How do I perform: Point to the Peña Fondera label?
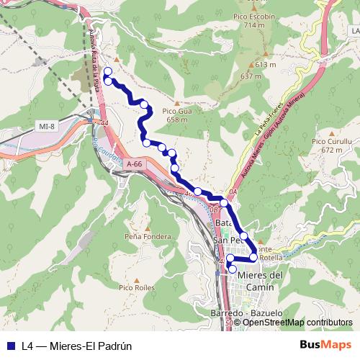(x=148, y=236)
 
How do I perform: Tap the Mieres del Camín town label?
(x=261, y=281)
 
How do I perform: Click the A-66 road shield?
(x=135, y=165)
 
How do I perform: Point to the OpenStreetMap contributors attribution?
(x=297, y=322)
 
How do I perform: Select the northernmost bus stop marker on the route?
(x=108, y=71)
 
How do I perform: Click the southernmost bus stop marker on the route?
(x=232, y=269)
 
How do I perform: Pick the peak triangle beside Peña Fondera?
(x=147, y=226)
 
